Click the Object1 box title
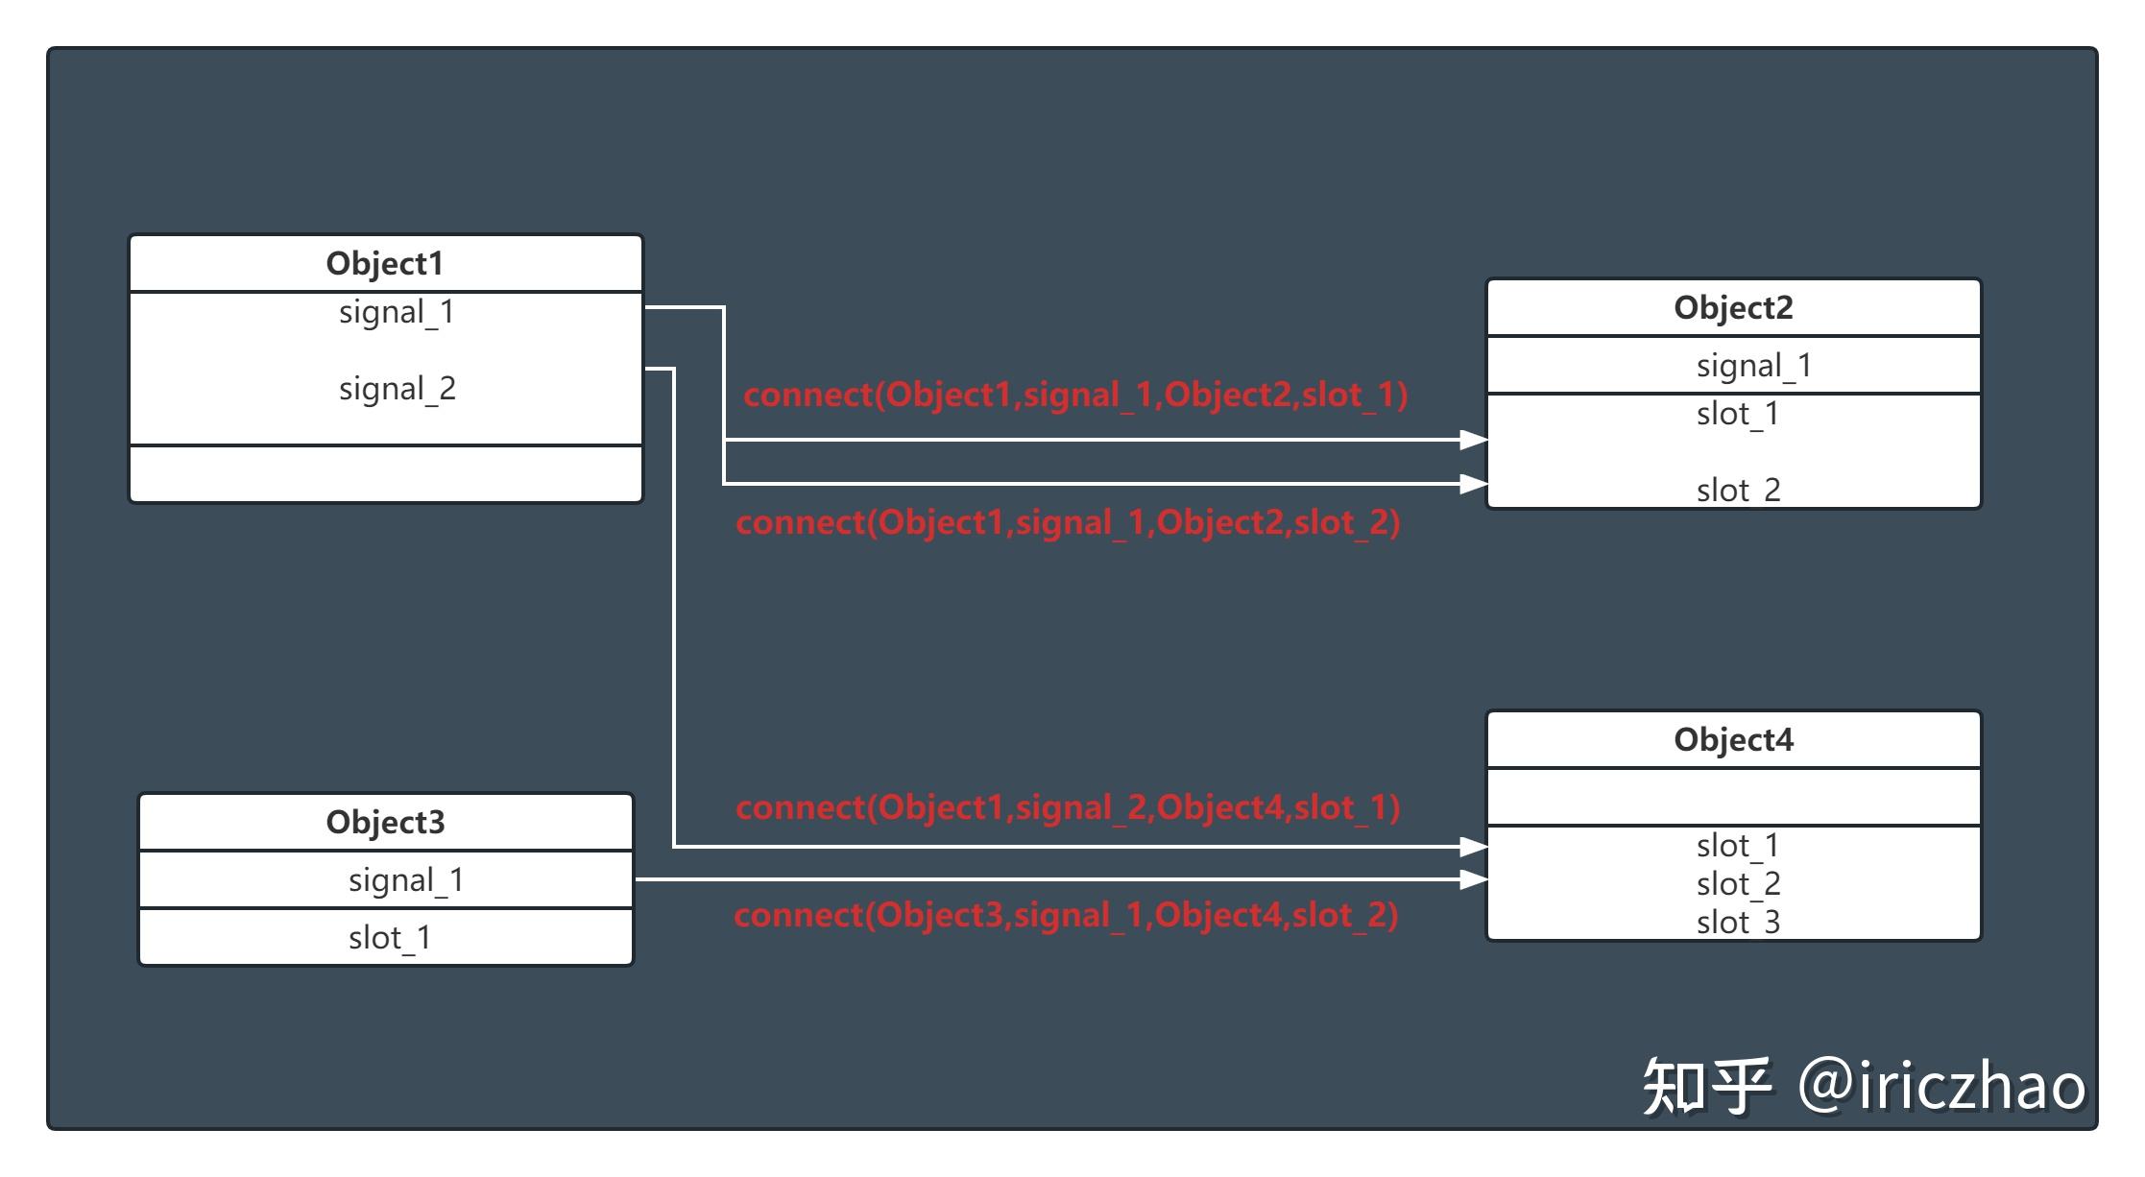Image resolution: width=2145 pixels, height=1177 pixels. point(384,263)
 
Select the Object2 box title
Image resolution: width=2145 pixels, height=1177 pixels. point(1733,307)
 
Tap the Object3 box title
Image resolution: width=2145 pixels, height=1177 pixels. point(385,822)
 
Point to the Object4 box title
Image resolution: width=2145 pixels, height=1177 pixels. point(1733,739)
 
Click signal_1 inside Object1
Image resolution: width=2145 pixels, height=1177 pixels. point(397,313)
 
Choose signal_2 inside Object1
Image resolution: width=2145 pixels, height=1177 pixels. point(397,390)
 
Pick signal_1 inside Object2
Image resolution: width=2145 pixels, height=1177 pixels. point(1753,367)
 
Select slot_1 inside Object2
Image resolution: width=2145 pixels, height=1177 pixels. point(1738,414)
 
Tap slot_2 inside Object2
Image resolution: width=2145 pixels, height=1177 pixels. point(1738,491)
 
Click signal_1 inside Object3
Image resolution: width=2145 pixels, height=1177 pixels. point(406,881)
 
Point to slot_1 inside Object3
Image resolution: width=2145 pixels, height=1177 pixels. point(390,938)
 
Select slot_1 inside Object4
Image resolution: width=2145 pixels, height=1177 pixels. point(1738,846)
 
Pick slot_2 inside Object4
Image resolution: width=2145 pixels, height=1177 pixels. point(1738,884)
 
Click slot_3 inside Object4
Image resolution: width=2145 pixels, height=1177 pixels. point(1738,923)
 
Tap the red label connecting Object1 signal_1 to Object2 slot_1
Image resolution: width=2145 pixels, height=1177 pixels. point(1075,395)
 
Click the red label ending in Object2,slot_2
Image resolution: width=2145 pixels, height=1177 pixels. point(1068,523)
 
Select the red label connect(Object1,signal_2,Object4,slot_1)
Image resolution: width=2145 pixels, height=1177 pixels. point(1068,808)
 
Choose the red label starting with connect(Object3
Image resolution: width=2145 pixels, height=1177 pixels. point(1066,916)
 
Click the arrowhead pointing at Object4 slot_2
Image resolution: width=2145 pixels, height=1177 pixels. point(1474,878)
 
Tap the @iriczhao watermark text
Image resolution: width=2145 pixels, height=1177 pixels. point(1941,1086)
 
